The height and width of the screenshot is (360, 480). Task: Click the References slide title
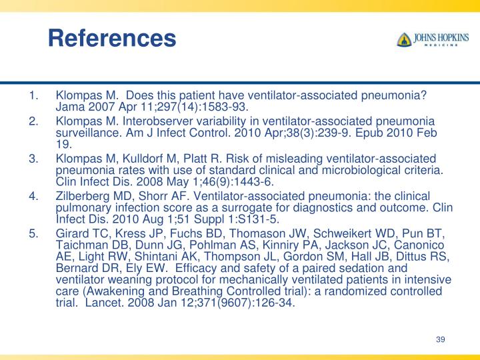pos(111,37)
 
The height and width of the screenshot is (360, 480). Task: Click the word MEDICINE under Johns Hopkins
pos(442,46)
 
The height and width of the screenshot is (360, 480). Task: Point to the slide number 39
pos(440,340)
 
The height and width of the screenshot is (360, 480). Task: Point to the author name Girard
pos(73,234)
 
